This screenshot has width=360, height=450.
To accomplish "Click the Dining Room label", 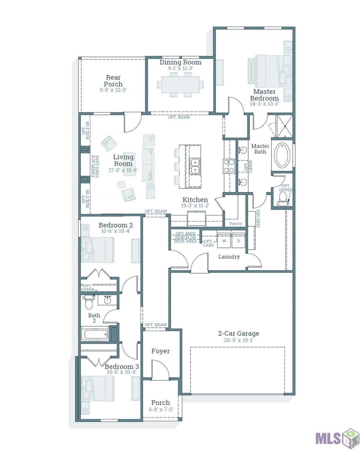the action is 180,62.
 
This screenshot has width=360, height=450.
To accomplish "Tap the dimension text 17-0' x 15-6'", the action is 123,170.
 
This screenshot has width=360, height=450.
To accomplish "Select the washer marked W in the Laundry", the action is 224,240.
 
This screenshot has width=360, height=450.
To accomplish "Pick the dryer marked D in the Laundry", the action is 238,240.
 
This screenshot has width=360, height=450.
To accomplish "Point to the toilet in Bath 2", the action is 89,302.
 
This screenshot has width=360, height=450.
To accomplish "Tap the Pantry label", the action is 236,224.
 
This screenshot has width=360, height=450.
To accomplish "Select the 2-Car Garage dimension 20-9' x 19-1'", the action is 238,340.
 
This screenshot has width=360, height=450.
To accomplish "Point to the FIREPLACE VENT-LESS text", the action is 95,166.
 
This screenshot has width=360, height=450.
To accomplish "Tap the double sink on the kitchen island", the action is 195,166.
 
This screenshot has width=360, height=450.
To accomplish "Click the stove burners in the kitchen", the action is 229,166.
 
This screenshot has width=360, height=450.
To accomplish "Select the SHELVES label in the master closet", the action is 258,219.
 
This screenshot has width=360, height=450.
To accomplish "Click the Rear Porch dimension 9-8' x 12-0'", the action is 113,90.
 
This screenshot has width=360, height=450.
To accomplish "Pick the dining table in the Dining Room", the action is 180,85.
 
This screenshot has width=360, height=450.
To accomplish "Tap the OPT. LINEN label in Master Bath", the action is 248,166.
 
